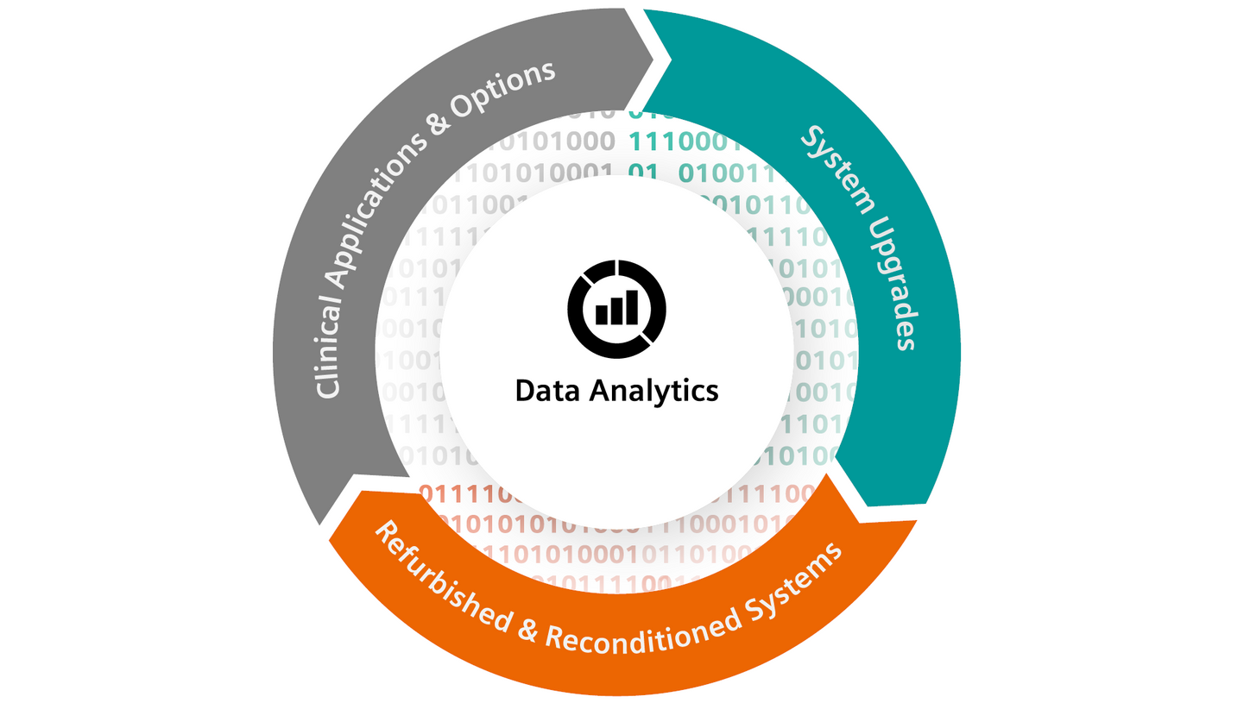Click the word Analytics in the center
click(653, 391)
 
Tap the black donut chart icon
click(617, 307)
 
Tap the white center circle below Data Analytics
click(617, 457)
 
